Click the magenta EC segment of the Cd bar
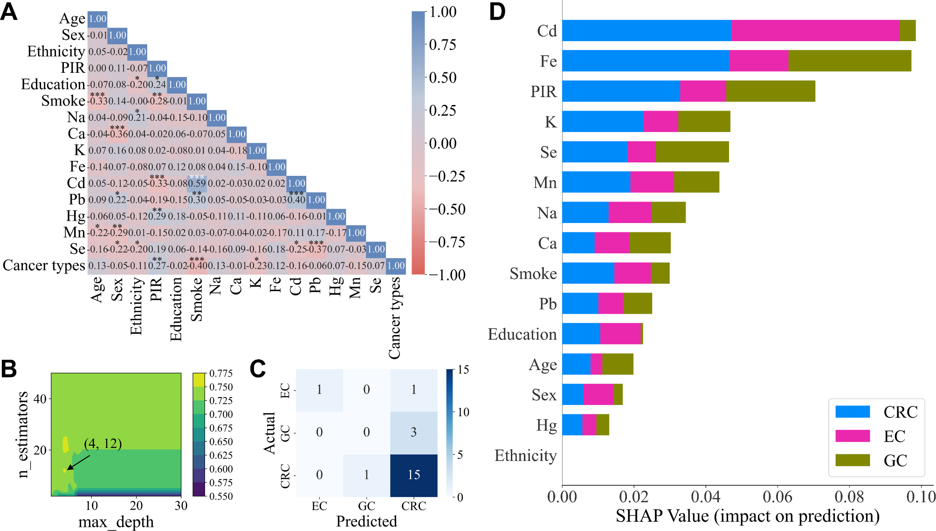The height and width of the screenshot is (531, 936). pyautogui.click(x=815, y=30)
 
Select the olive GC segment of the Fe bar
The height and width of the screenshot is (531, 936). pyautogui.click(x=849, y=61)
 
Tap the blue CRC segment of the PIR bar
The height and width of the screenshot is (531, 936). pyautogui.click(x=621, y=91)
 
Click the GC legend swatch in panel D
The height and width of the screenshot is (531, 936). pyautogui.click(x=852, y=460)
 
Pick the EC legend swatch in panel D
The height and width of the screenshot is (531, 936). pyautogui.click(x=852, y=436)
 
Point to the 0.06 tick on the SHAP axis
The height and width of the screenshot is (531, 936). pyautogui.click(x=778, y=496)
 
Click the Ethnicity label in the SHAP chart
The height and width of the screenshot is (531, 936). pyautogui.click(x=525, y=455)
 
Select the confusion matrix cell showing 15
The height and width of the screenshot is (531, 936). pyautogui.click(x=413, y=475)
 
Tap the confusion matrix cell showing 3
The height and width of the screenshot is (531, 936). pyautogui.click(x=413, y=433)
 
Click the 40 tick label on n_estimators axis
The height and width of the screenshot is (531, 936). pyautogui.click(x=40, y=399)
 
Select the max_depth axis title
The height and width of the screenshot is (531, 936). pyautogui.click(x=116, y=522)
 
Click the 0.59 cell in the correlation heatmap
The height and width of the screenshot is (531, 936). pyautogui.click(x=197, y=183)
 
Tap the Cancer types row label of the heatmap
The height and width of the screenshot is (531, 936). pyautogui.click(x=44, y=265)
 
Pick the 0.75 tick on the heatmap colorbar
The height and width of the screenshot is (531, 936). pyautogui.click(x=442, y=45)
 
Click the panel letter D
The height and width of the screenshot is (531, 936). pyautogui.click(x=497, y=11)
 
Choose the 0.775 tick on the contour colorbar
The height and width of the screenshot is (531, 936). pyautogui.click(x=221, y=373)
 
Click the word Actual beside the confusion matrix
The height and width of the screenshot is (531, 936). pyautogui.click(x=269, y=433)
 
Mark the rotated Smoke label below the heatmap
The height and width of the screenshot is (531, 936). pyautogui.click(x=196, y=299)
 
